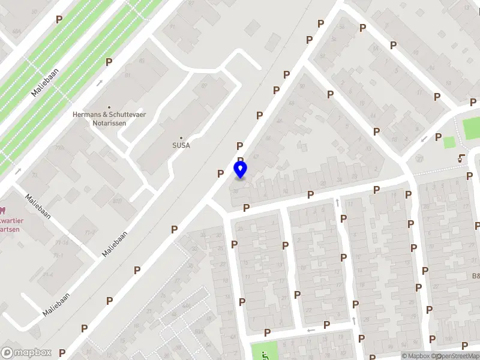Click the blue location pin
coord(241,169)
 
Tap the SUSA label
coord(181,145)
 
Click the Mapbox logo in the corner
coord(26,353)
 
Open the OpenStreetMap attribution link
coord(457,356)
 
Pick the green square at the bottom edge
coord(264,351)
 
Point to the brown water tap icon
coord(461,158)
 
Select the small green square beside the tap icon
coord(449,142)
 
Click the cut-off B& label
coord(475,276)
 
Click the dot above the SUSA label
coord(181,137)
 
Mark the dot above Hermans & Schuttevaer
coord(109,107)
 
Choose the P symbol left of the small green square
coord(438,137)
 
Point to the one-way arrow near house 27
coord(425,140)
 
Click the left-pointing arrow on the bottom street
coord(311,330)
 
